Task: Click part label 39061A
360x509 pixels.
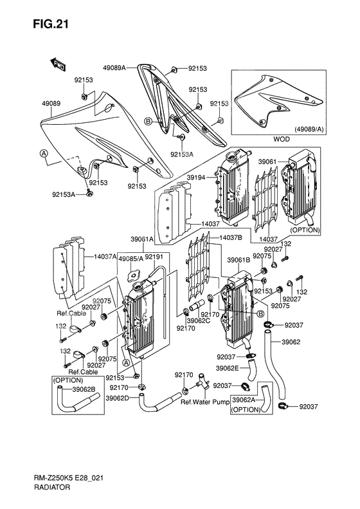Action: [x=142, y=238]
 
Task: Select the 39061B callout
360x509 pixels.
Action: [x=239, y=260]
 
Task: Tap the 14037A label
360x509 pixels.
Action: [x=105, y=256]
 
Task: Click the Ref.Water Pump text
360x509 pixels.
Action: [x=204, y=402]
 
